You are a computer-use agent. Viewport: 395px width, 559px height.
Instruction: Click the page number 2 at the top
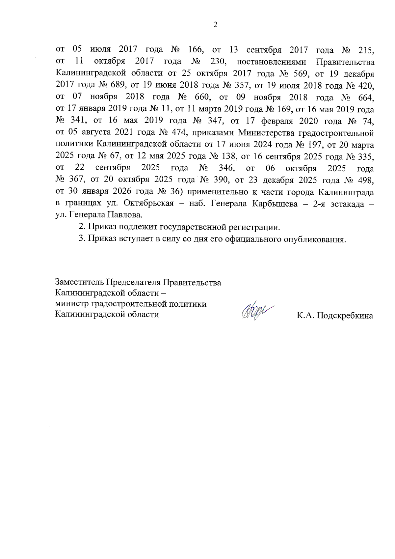click(x=215, y=25)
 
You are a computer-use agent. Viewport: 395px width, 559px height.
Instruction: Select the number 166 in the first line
click(x=196, y=50)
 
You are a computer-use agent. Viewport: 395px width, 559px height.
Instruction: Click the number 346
click(x=226, y=168)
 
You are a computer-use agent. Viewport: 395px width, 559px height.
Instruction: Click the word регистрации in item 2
click(x=254, y=227)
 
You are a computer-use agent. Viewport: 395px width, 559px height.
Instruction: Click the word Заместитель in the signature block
click(x=80, y=283)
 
